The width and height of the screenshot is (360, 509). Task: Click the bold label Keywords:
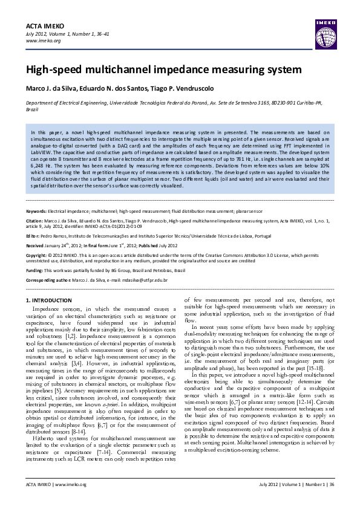click(36, 212)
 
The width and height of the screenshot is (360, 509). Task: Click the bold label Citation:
click(35, 221)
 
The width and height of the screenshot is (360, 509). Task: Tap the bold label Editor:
click(33, 236)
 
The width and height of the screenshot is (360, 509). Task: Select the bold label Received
click(35, 246)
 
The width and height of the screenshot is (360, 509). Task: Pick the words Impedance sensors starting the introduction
click(55, 308)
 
